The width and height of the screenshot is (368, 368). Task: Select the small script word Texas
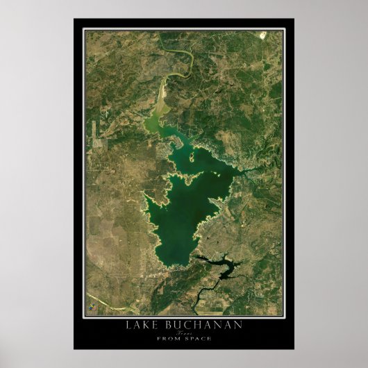click(183, 333)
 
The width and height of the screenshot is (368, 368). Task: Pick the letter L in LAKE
click(128, 326)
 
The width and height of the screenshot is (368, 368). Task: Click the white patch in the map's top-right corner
click(262, 34)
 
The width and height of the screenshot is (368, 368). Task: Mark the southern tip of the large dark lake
click(173, 266)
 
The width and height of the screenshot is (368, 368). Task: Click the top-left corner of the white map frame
click(83, 28)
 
